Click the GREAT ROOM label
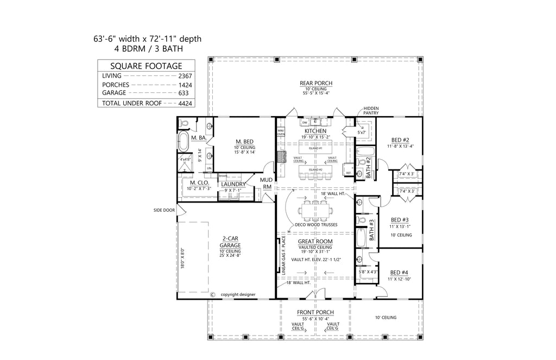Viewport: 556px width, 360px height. pos(315,242)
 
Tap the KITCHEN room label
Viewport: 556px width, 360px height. pos(315,131)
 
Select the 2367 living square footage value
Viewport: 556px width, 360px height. pos(186,76)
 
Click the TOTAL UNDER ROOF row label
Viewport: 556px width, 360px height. pos(131,103)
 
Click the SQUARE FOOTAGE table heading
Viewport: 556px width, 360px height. pos(147,66)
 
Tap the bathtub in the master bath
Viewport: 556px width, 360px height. pos(184,143)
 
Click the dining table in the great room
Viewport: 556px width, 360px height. pos(315,209)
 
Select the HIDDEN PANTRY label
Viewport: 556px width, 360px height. pos(372,111)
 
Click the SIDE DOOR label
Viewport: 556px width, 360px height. pos(164,210)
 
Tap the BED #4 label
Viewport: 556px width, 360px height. pos(399,272)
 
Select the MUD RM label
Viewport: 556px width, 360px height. pos(266,182)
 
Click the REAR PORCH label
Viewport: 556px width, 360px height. pos(315,83)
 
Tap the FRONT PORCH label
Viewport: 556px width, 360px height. pos(315,312)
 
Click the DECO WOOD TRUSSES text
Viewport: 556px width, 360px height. pos(315,224)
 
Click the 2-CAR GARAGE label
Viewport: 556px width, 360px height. pos(231,242)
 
